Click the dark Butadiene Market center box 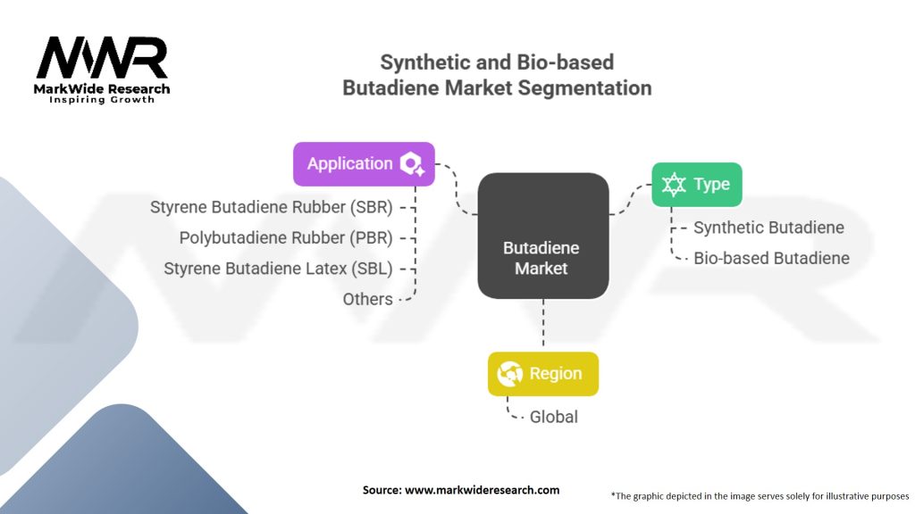coord(542,236)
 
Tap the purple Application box coord(364,164)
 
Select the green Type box coord(696,185)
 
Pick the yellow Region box coord(542,374)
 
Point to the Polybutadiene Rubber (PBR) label coord(285,237)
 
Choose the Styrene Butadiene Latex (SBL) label coord(278,268)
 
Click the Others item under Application coord(367,299)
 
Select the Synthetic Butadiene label coord(768,228)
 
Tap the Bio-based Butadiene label coord(771,259)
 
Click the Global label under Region coord(554,417)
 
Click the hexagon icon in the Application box coord(412,164)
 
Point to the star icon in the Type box coord(673,185)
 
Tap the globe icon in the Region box coord(510,374)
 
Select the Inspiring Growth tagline coord(102,100)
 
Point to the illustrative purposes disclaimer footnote coord(760,494)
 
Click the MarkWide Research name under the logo coord(102,88)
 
